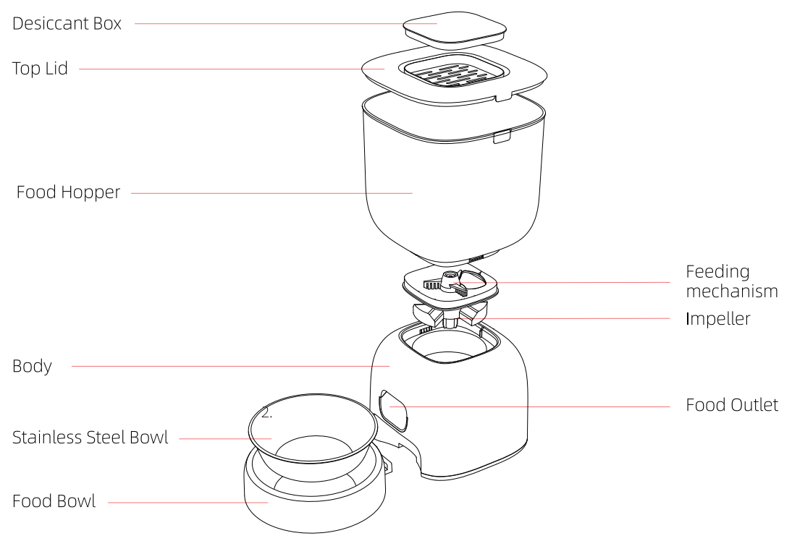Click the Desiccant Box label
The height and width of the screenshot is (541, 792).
coord(67,23)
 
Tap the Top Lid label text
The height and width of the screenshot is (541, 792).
coord(40,69)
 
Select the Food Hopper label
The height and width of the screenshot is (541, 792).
coord(68,193)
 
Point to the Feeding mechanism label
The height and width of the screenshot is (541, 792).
coord(731,281)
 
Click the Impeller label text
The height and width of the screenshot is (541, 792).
coord(718,318)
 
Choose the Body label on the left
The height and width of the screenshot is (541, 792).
coord(32,366)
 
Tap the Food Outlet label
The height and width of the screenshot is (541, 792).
coord(732,405)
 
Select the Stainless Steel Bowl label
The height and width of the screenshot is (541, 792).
coord(90,438)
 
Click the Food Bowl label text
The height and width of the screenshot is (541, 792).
coord(54,500)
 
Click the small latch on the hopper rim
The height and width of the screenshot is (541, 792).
coord(501,137)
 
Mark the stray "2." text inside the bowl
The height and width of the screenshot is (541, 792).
coord(266,414)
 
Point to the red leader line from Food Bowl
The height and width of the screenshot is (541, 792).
coord(188,501)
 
